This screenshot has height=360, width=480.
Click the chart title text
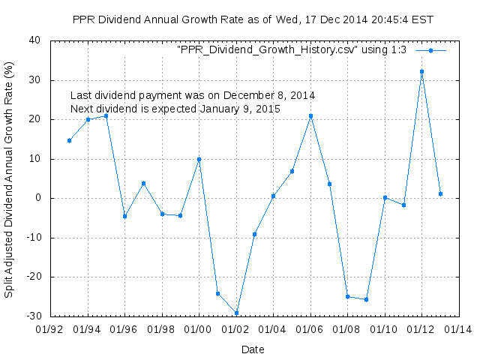(x=253, y=19)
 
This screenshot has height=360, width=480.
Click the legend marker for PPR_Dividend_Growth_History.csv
(x=430, y=50)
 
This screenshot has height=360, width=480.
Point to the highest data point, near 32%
(x=421, y=71)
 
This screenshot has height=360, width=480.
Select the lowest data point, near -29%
(x=236, y=313)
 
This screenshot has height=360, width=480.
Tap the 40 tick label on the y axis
(x=34, y=40)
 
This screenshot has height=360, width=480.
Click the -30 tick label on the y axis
(x=32, y=316)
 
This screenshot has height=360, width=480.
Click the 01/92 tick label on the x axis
(x=50, y=328)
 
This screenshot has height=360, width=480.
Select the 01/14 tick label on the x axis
(x=458, y=328)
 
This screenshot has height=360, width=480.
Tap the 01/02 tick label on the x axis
(x=236, y=328)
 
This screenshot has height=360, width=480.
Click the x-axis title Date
(x=252, y=349)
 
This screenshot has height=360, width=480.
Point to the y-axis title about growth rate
(x=9, y=178)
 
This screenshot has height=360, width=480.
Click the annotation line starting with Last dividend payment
(x=193, y=95)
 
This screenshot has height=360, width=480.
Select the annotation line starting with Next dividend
(x=175, y=109)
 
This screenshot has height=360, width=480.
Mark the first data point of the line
(x=69, y=140)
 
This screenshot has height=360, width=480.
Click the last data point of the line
(x=440, y=193)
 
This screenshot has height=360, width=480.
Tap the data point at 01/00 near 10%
(x=199, y=159)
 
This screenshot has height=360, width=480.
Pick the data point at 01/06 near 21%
(x=310, y=115)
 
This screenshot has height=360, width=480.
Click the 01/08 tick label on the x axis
(x=347, y=328)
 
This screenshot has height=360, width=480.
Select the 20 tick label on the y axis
(x=34, y=119)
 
